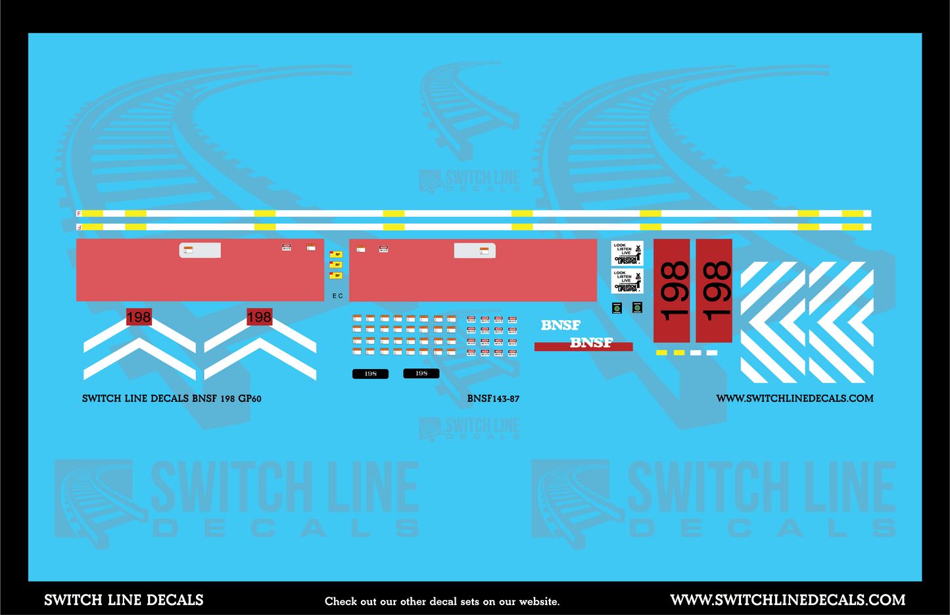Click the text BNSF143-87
[x=493, y=399]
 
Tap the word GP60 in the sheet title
[x=250, y=399]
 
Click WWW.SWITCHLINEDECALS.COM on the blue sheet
[x=794, y=399]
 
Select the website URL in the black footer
[x=787, y=600]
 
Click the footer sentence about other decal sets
[x=442, y=601]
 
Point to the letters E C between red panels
[x=337, y=296]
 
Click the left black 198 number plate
[x=370, y=374]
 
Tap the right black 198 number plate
[x=421, y=373]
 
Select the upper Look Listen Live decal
[x=627, y=253]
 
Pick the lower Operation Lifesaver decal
[x=627, y=281]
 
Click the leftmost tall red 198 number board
[x=671, y=291]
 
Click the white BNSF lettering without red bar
[x=560, y=325]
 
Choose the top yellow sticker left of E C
[x=336, y=254]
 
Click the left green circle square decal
[x=617, y=308]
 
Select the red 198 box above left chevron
[x=138, y=317]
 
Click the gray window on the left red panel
[x=200, y=250]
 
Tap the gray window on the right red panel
[x=474, y=250]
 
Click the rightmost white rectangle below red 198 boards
[x=711, y=353]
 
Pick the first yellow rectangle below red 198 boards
[x=661, y=353]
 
